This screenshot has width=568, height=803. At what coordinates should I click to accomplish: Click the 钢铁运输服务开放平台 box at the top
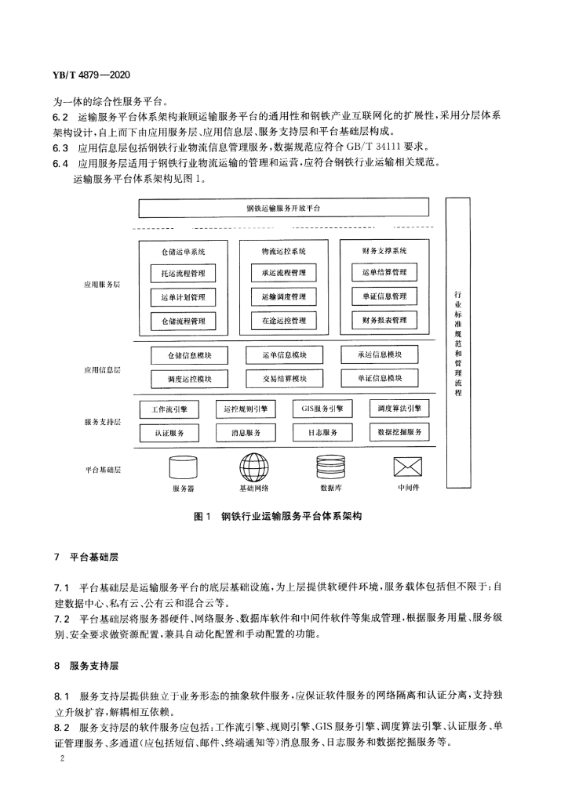(284, 208)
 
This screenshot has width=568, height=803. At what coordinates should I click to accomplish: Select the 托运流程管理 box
(183, 274)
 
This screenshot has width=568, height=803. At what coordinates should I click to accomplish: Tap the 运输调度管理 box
(284, 297)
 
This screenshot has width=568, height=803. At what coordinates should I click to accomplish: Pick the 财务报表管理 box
(384, 320)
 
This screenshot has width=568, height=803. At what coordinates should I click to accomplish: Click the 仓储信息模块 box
(190, 355)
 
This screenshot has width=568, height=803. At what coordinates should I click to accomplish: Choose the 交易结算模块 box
(284, 379)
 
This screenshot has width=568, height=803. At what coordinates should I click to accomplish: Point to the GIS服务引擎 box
(322, 409)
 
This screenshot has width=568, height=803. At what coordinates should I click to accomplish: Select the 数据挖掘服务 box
(399, 432)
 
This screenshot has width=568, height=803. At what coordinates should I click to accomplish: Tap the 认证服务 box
(169, 433)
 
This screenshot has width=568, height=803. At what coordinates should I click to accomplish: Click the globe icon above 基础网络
(254, 467)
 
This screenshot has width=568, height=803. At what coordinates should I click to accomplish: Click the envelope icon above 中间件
(408, 467)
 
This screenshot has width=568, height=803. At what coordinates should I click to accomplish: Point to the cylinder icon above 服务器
(183, 467)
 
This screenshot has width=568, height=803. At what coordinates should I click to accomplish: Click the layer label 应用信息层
(103, 370)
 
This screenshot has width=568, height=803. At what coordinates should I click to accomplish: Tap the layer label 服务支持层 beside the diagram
(103, 422)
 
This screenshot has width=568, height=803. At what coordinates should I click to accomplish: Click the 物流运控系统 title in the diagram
(284, 252)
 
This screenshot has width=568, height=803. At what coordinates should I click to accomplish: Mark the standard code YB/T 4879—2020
(91, 74)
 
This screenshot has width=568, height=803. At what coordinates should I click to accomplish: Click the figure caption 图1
(202, 516)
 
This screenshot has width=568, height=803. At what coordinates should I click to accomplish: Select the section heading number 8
(56, 667)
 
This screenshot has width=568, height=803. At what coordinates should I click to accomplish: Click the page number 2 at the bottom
(63, 758)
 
